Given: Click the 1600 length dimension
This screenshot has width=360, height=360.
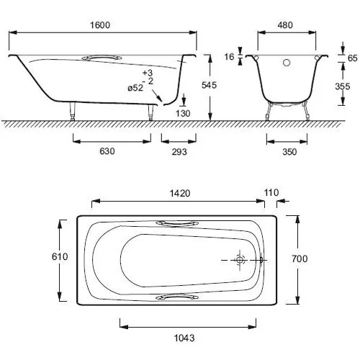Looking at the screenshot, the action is (100, 25).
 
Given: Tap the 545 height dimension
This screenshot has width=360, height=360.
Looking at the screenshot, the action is (209, 85).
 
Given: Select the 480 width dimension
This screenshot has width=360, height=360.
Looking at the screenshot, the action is (285, 25).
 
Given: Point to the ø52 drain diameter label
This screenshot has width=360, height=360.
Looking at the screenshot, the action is (135, 88).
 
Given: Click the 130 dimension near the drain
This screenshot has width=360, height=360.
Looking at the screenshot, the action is (183, 113).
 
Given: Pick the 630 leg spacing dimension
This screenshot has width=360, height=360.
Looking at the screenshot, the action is (107, 151).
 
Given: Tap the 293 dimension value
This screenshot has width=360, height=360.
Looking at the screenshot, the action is (179, 152).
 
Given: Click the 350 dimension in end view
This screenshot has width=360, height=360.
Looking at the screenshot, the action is (289, 152).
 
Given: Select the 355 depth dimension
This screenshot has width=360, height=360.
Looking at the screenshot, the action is (343, 86).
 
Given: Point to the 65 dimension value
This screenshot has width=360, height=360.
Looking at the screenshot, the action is (353, 58).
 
